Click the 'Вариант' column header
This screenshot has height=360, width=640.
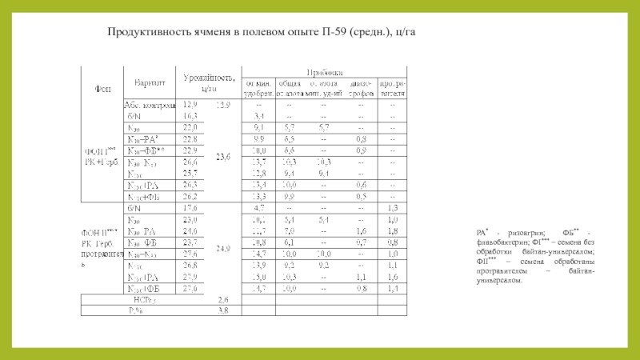coord(151,82)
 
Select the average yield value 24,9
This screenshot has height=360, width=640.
coord(223,249)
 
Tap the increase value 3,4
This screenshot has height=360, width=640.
coord(259,116)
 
